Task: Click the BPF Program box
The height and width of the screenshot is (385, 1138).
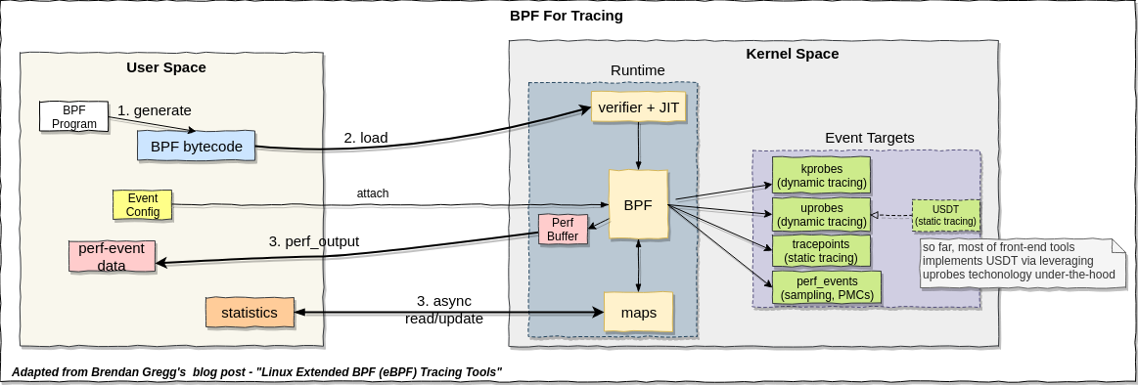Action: point(73,116)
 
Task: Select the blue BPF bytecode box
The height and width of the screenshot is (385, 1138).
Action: point(196,147)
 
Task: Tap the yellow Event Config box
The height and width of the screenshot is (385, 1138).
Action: point(143,205)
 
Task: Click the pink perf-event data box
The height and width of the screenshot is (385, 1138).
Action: point(111,257)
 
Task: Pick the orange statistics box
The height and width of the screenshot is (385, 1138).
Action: point(250,313)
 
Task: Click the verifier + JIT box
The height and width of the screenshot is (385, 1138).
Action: point(638,106)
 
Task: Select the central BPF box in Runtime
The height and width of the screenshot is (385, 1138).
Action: point(638,205)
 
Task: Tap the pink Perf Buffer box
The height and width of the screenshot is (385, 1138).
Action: point(562,229)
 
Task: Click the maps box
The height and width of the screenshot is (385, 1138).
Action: point(638,313)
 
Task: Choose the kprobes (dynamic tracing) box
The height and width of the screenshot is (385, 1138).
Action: point(820,175)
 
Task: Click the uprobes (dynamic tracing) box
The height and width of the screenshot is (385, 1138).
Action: point(820,214)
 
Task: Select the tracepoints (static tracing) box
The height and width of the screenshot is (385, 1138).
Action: point(820,250)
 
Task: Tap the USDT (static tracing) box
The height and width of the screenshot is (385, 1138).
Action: point(945,214)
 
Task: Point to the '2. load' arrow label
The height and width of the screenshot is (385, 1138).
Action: point(365,138)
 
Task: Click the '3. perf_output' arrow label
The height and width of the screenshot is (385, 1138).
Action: point(313,240)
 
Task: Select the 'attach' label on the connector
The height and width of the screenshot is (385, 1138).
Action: point(372,193)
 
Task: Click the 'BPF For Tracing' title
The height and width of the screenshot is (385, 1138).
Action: point(567,16)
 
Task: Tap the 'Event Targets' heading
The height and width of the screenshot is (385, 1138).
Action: point(869,138)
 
